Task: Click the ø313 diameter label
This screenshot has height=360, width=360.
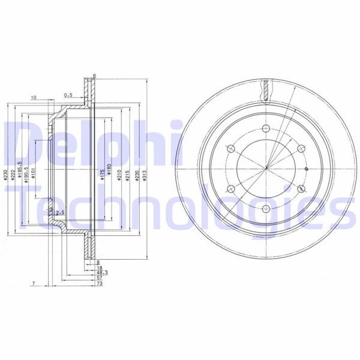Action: point(147,175)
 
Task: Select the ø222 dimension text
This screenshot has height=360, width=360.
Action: point(13,175)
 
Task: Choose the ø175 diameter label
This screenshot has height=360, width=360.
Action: point(102,175)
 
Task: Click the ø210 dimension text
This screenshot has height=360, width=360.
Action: point(120,175)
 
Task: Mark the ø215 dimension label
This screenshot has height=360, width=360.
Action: point(129,175)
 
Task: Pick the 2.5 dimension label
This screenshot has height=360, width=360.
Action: point(59,213)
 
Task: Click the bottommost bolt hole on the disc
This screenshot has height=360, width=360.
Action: point(265,209)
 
